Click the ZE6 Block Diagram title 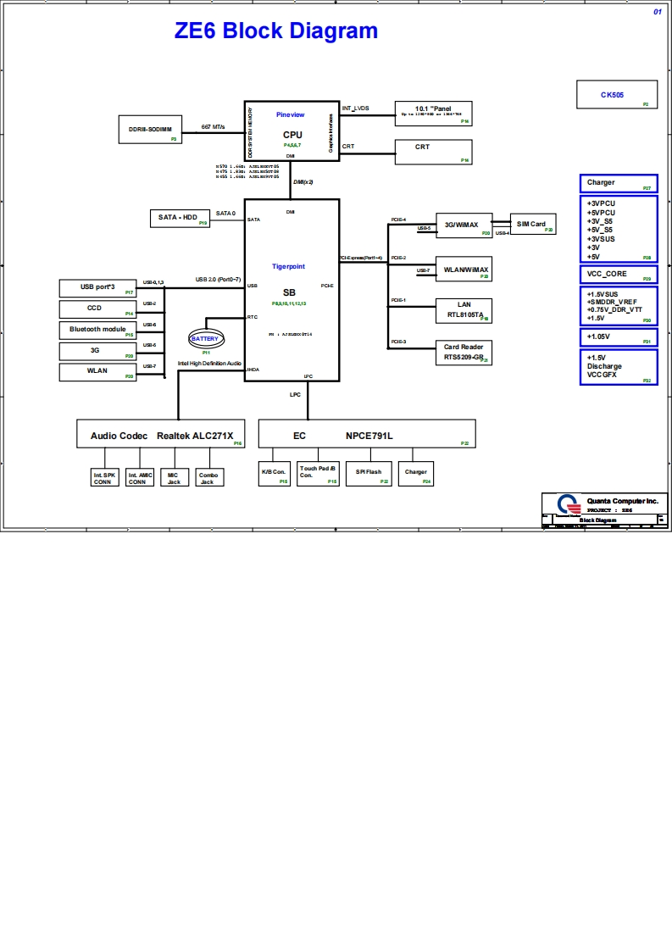pos(275,31)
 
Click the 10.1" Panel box pos(433,114)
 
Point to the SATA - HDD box pos(179,219)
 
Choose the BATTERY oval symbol pos(205,339)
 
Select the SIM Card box pos(532,224)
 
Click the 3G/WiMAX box pos(463,225)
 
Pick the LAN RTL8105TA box pos(463,310)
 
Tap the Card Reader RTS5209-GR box pos(463,353)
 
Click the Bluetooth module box pos(97,330)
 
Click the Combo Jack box pos(208,478)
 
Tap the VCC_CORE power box pos(618,274)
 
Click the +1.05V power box pos(618,336)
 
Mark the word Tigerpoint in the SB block pos(288,266)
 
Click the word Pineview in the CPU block pos(290,114)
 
